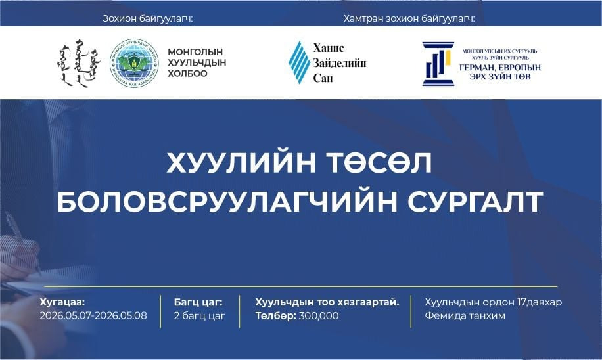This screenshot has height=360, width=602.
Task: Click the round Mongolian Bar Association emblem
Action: point(134,63)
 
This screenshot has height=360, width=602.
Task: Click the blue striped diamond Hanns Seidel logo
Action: point(299,63)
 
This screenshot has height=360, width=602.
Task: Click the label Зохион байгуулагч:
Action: point(147,18)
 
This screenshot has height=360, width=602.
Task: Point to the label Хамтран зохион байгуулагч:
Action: point(409,18)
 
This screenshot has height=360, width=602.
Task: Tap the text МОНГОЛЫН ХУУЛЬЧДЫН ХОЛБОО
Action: point(195,63)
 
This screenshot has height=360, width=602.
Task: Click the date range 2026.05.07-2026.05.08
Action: point(93,316)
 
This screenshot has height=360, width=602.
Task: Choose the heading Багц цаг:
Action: point(198,302)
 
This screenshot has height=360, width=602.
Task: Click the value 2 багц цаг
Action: point(199,316)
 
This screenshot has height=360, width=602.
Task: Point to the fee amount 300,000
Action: point(318,316)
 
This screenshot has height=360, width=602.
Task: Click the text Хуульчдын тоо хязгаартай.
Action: point(327,302)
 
